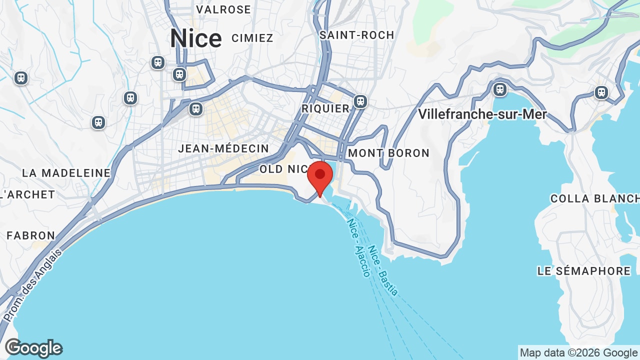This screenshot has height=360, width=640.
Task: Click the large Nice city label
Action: pyautogui.click(x=195, y=39)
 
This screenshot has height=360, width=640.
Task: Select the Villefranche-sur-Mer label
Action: pyautogui.click(x=482, y=114)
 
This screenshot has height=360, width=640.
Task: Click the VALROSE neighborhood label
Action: pyautogui.click(x=223, y=9)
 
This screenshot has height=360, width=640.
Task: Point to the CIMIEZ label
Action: pyautogui.click(x=252, y=38)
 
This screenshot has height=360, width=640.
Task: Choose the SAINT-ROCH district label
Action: pyautogui.click(x=357, y=35)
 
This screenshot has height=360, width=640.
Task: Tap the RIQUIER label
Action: pyautogui.click(x=325, y=108)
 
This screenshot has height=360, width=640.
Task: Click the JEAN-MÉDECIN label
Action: pyautogui.click(x=223, y=148)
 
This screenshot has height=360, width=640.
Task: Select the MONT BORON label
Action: pyautogui.click(x=389, y=153)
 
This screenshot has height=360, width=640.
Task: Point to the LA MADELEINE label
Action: pyautogui.click(x=66, y=173)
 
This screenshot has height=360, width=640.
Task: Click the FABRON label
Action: pyautogui.click(x=31, y=235)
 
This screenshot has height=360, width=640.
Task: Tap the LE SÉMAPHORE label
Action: pyautogui.click(x=584, y=271)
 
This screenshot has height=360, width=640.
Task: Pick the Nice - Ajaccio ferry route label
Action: pyautogui.click(x=359, y=247)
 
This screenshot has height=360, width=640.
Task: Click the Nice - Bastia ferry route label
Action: pyautogui.click(x=383, y=270)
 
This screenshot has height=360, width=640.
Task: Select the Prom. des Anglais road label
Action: pyautogui.click(x=33, y=285)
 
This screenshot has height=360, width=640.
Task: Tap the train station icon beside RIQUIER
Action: pyautogui.click(x=360, y=101)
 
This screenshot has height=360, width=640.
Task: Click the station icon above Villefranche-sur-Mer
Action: pyautogui.click(x=500, y=89)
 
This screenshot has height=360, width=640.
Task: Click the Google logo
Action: pyautogui.click(x=33, y=348)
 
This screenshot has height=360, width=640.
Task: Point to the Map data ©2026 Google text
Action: pyautogui.click(x=578, y=353)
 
